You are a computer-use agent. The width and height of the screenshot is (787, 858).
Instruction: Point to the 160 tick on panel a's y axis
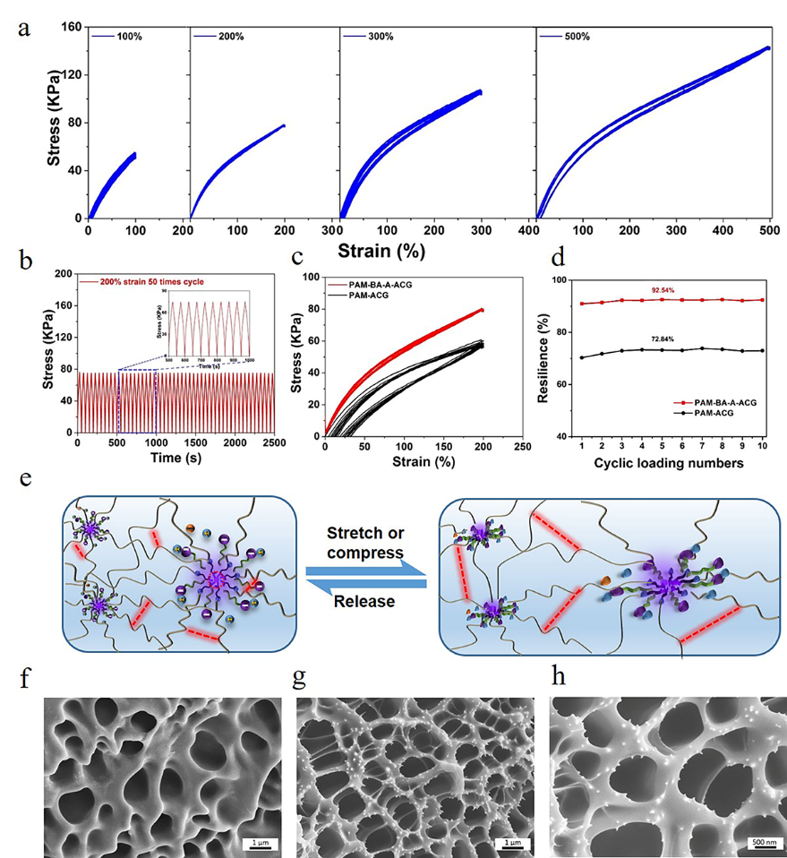pyautogui.click(x=70, y=28)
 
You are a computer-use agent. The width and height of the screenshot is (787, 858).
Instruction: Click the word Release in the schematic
pyautogui.click(x=364, y=602)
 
